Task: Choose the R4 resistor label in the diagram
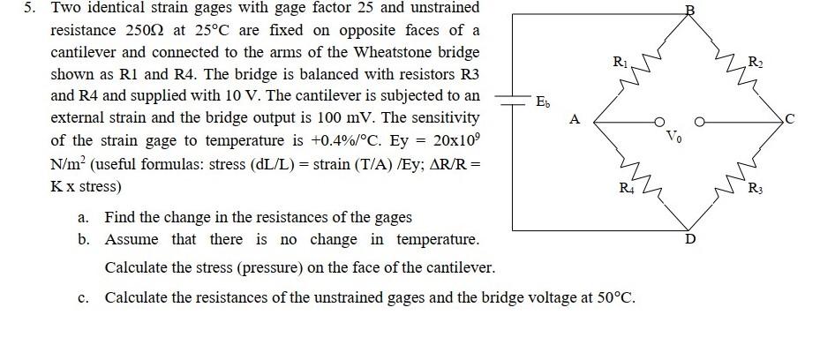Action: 626,188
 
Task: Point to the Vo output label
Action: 674,139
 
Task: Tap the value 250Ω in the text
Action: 144,30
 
